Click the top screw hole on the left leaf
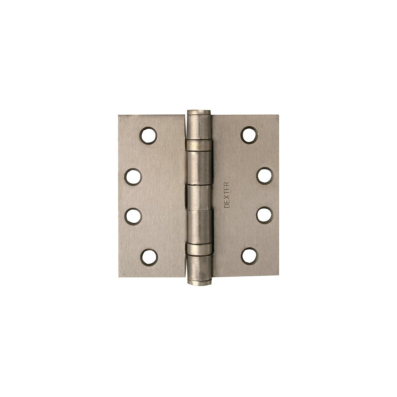coord(148,136)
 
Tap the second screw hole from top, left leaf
coord(133,177)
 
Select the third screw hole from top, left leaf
coord(133,216)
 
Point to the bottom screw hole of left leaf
coord(149,257)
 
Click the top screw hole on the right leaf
coord(249,135)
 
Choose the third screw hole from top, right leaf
coord(265,216)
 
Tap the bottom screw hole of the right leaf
coord(249,256)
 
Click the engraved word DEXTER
coord(227,195)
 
